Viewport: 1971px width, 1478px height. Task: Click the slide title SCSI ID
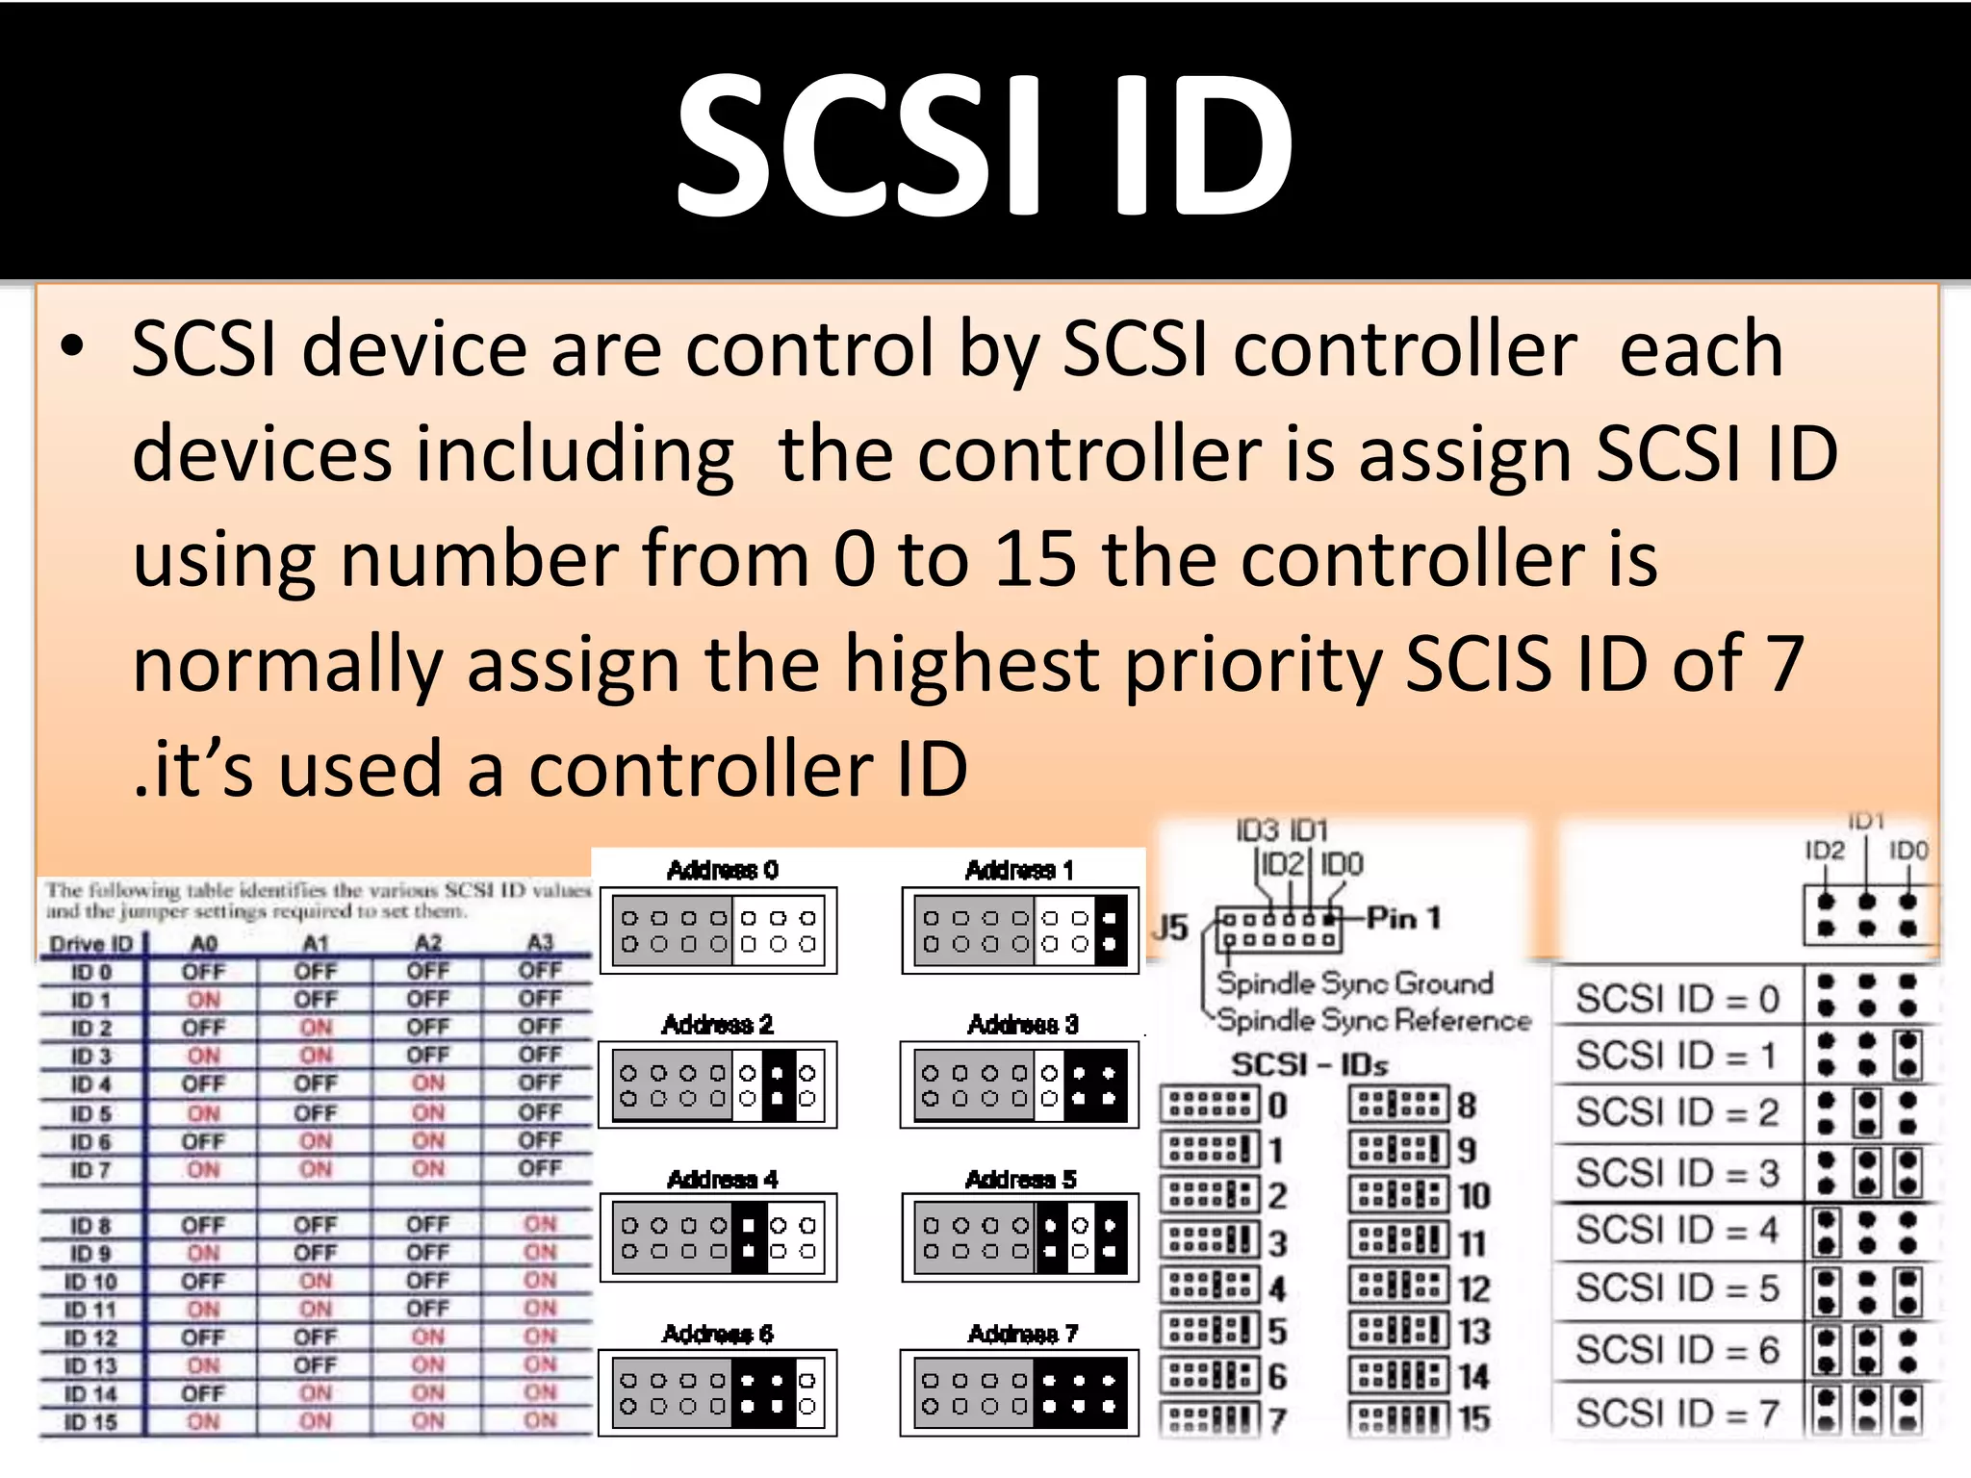985,144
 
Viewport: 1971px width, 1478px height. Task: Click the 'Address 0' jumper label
722,871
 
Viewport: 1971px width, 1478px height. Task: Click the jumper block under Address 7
1020,1392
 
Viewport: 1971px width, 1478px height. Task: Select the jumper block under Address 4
719,1237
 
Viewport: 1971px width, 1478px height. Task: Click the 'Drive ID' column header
90,944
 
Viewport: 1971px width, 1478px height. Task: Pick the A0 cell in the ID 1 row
203,1000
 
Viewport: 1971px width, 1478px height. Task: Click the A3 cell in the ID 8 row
540,1224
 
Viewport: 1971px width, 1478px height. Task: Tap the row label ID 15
90,1421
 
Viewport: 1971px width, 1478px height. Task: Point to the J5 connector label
1171,928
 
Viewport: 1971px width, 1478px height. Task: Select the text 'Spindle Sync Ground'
1354,982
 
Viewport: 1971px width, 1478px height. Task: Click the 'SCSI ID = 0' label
1677,999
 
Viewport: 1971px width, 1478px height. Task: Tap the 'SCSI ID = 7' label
1677,1414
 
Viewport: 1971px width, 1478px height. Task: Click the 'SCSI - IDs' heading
1310,1064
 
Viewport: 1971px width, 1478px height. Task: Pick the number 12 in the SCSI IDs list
1473,1288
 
